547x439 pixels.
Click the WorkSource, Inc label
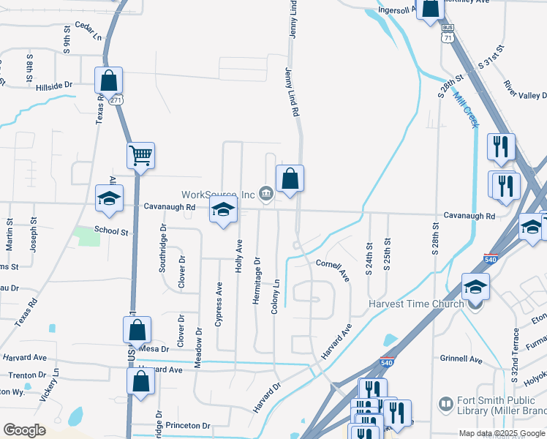point(218,194)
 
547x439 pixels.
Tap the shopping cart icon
point(140,155)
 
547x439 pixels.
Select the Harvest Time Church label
point(416,304)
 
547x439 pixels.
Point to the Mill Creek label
point(465,110)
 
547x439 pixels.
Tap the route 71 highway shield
point(447,37)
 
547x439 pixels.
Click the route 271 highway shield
point(116,102)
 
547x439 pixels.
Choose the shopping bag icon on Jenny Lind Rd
point(290,178)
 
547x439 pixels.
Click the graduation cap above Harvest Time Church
point(475,286)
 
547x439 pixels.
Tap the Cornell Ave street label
point(333,270)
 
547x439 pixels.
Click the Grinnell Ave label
point(461,360)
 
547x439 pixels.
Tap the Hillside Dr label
point(54,86)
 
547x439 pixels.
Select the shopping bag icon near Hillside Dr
point(108,80)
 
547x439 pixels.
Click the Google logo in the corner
point(24,430)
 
